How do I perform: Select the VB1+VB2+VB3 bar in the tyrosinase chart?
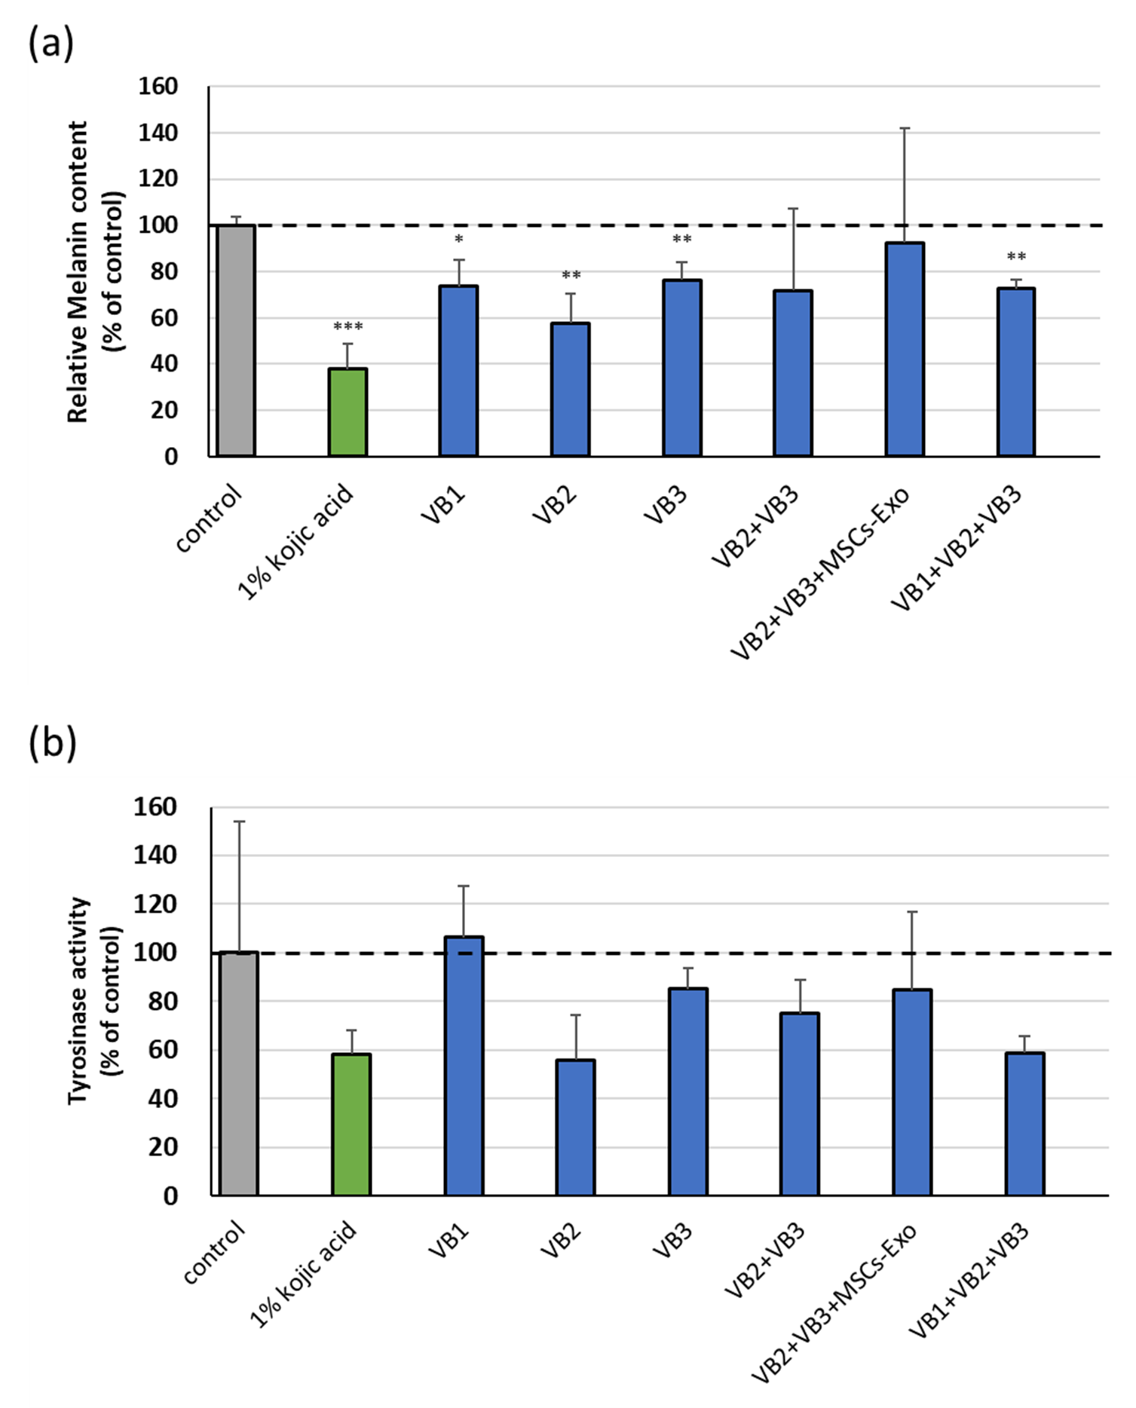click(x=1024, y=1123)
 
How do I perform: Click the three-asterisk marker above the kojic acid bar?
click(x=348, y=326)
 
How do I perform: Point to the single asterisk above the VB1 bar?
click(x=458, y=240)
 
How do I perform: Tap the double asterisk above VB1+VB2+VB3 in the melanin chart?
click(x=1016, y=257)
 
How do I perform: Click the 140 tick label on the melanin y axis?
click(x=158, y=133)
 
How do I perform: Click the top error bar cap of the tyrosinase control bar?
click(x=238, y=822)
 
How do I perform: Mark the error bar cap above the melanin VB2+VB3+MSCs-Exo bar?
click(x=905, y=129)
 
